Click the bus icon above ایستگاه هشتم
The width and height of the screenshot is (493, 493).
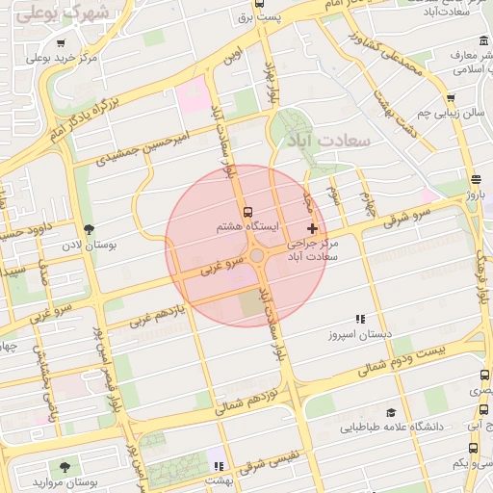click(x=247, y=212)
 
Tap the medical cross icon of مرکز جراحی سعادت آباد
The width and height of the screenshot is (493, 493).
click(x=311, y=228)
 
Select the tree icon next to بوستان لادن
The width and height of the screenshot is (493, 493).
click(x=90, y=229)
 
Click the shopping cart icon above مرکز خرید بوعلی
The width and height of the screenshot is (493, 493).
click(x=61, y=43)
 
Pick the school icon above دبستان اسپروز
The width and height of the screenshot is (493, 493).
click(x=360, y=319)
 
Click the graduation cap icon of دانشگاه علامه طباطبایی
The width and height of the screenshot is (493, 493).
click(x=390, y=411)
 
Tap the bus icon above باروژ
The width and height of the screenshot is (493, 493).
click(x=476, y=180)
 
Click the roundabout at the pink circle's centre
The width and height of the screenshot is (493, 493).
click(x=258, y=256)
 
